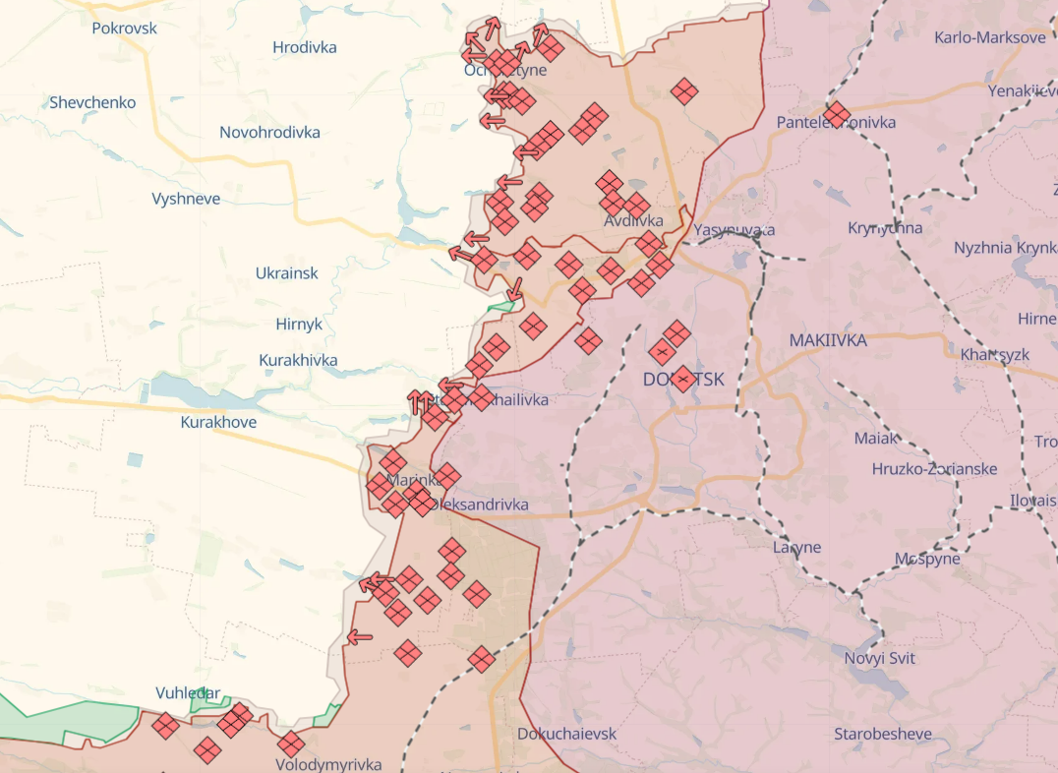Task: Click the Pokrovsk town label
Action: [x=124, y=28]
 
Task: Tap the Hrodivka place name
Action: [x=304, y=47]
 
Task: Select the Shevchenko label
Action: [x=92, y=102]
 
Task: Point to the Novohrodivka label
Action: [x=269, y=132]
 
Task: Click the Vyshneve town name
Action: [x=186, y=199]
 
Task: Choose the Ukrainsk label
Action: [x=286, y=273]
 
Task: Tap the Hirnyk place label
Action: [x=299, y=325]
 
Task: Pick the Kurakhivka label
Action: [x=298, y=360]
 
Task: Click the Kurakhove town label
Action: [x=218, y=422]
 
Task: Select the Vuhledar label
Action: [x=188, y=693]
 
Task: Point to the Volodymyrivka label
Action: [x=328, y=764]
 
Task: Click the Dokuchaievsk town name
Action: [x=567, y=734]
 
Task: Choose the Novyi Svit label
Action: [x=879, y=658]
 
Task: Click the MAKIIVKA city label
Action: [x=828, y=340]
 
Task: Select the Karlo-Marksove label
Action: [x=990, y=37]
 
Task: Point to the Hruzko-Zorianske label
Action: [x=934, y=469]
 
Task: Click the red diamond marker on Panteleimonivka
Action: [x=836, y=114]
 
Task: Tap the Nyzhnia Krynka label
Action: [x=1005, y=248]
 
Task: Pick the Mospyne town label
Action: [x=927, y=559]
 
